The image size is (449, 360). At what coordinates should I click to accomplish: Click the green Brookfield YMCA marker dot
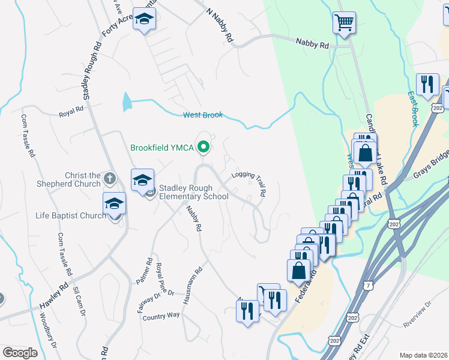[x=204, y=146]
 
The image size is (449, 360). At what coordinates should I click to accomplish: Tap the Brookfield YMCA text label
[x=163, y=146]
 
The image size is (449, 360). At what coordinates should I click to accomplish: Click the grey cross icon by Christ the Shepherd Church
[x=109, y=178]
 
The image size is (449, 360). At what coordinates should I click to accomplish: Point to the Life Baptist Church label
[x=70, y=215]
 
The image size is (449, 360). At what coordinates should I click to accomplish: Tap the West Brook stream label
[x=202, y=115]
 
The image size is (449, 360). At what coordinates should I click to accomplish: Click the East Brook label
[x=412, y=109]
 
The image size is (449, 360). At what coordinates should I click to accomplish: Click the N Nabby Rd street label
[x=219, y=25]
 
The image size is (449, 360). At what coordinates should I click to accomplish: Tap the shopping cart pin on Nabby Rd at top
[x=344, y=23]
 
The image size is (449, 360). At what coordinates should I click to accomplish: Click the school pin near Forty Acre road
[x=144, y=20]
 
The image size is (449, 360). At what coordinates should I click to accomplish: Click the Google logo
[x=20, y=352]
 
